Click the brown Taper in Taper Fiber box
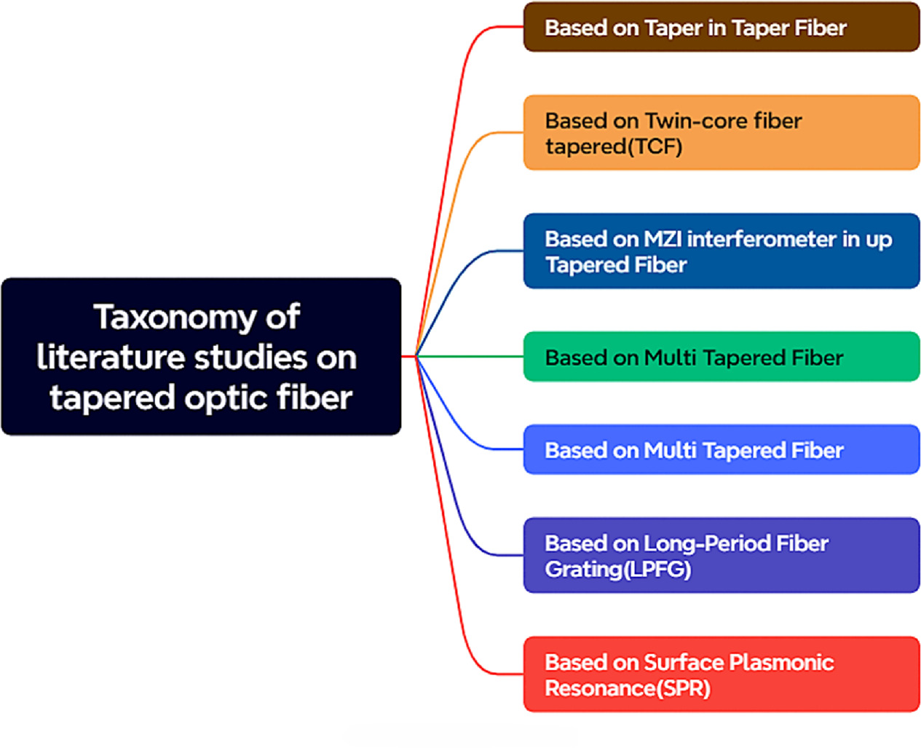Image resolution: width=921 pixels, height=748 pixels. pyautogui.click(x=721, y=27)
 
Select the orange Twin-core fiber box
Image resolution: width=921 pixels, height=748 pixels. pyautogui.click(x=721, y=133)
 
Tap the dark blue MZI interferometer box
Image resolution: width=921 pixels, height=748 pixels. pyautogui.click(x=721, y=251)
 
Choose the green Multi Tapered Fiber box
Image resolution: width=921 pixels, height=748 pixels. pyautogui.click(x=721, y=357)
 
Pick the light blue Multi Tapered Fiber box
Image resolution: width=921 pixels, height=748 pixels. pyautogui.click(x=721, y=450)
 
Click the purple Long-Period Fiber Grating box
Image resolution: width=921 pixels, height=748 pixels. pyautogui.click(x=721, y=556)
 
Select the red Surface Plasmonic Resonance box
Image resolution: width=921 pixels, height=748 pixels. pyautogui.click(x=721, y=674)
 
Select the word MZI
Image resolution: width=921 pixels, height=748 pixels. pyautogui.click(x=662, y=239)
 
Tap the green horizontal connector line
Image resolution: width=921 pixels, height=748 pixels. pyautogui.click(x=473, y=356)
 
